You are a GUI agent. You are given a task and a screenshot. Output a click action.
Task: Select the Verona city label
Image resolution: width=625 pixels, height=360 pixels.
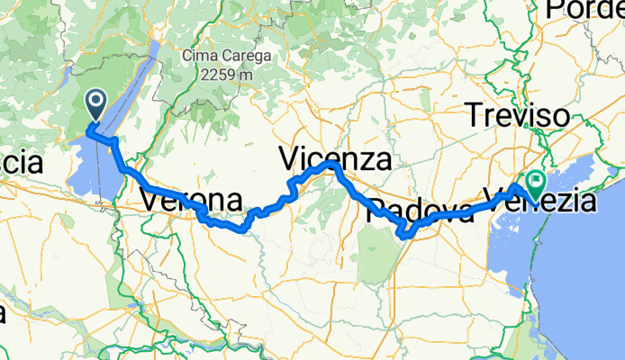[191, 200]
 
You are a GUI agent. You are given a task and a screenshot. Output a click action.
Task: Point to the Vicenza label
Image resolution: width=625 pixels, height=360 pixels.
[334, 160]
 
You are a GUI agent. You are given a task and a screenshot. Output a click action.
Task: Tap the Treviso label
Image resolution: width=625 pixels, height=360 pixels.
[516, 115]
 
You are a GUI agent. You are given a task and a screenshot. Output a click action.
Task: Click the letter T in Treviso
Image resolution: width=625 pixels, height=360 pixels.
[472, 115]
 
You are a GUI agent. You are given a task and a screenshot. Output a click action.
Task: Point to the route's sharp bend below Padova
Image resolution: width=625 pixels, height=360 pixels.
[404, 236]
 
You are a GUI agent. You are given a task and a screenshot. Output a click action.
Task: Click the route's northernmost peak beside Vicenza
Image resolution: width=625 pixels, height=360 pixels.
[331, 165]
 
